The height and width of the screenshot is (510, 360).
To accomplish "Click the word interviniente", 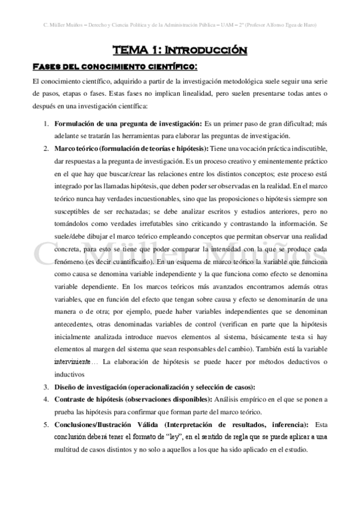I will tap(73, 361).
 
